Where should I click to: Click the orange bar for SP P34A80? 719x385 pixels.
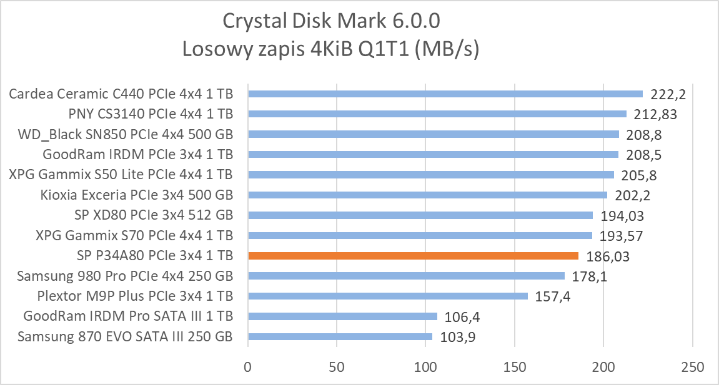(413, 255)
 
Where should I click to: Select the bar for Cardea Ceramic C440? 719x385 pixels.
(445, 94)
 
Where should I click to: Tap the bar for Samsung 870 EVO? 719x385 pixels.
(340, 336)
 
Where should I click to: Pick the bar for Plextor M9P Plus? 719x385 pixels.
(388, 296)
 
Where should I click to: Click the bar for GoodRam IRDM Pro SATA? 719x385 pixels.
(342, 316)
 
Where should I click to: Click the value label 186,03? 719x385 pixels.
(608, 256)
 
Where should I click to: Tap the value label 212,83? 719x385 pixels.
(655, 115)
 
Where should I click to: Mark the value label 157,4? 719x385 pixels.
(552, 296)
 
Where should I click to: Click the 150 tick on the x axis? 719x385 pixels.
(515, 366)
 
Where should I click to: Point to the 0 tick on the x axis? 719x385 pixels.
(248, 366)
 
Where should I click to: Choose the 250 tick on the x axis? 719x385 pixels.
(692, 366)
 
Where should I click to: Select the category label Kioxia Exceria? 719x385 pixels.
(136, 195)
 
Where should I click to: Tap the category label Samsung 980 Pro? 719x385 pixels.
(125, 276)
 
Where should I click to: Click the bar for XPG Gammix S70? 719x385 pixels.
(420, 235)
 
